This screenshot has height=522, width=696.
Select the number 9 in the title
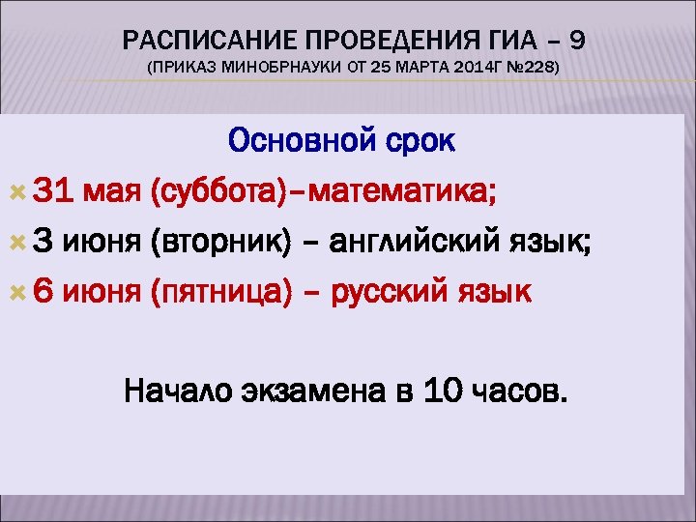point(577,40)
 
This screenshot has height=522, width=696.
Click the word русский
point(387,293)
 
